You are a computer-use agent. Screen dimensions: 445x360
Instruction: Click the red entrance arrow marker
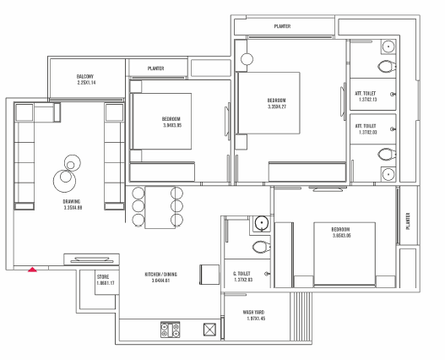coord(32,270)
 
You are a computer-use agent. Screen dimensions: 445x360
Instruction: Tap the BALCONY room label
coord(84,76)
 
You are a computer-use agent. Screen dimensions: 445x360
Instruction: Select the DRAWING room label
coord(72,202)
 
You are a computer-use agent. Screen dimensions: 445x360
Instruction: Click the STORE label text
coord(103,276)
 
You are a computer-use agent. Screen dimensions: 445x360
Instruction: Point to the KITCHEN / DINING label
coord(161,275)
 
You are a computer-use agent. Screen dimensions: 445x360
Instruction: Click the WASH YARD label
coord(253,313)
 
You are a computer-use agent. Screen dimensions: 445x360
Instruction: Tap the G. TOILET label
coord(241,274)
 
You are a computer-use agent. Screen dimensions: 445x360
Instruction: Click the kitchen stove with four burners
coord(171,330)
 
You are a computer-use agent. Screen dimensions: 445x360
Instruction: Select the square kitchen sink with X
coord(209,330)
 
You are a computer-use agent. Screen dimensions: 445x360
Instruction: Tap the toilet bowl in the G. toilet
coord(261,247)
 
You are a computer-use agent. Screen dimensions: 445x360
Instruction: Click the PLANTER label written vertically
coord(408,221)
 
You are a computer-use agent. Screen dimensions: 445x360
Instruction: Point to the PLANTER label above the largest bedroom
coord(282,26)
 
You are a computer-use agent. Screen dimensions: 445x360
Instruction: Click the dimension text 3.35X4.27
coord(277,106)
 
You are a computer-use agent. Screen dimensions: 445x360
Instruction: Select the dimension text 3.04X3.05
coord(172,125)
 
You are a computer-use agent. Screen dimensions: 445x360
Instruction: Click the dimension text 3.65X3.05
coord(342,236)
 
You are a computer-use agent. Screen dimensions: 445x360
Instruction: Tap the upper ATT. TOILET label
coord(366,93)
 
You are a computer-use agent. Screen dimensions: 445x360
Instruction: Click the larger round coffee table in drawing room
coord(64,181)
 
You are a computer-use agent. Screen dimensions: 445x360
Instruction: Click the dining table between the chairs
coord(160,207)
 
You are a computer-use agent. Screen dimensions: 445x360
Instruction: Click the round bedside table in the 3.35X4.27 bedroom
coord(247,59)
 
